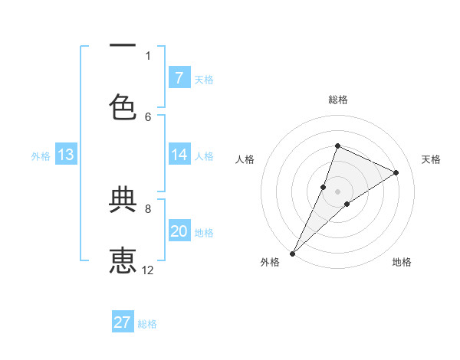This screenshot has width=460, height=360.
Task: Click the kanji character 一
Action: point(123,47)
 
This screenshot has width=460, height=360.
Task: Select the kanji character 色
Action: point(123,106)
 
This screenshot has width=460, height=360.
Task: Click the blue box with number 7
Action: point(179,78)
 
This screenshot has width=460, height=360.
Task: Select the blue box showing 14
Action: point(179,155)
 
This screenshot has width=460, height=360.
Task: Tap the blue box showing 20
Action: point(179,231)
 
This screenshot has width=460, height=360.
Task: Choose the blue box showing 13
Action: point(66,155)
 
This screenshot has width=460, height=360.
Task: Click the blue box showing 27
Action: point(123,322)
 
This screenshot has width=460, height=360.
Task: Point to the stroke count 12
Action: point(148,270)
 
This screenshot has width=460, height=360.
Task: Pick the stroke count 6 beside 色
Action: point(148,116)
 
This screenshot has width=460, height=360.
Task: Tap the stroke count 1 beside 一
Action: point(148,55)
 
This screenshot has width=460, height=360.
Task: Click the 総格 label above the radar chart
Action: point(338,100)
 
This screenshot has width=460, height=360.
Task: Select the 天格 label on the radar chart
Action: point(432,159)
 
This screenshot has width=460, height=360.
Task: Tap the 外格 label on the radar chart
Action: point(269,262)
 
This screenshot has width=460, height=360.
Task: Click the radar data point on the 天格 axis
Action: point(396,173)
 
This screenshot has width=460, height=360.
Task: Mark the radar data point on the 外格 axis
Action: point(292,253)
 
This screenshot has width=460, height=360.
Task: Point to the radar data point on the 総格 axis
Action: point(337,146)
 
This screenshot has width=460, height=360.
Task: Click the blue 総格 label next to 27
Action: point(148,324)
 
